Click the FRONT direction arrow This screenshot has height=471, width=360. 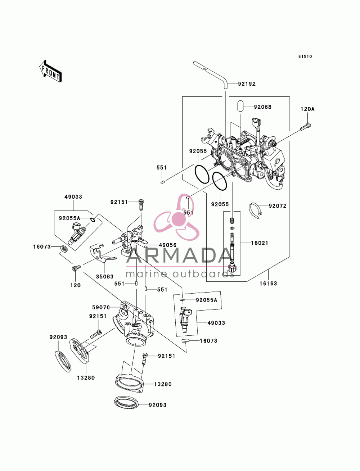(x=50, y=71)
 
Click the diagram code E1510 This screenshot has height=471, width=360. (x=305, y=56)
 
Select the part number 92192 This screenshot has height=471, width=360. (x=247, y=84)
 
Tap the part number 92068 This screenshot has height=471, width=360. (x=262, y=107)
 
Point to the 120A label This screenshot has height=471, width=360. (x=307, y=109)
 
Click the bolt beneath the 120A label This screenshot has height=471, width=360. (x=306, y=127)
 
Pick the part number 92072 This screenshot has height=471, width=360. (x=277, y=206)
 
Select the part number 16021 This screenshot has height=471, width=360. (x=260, y=243)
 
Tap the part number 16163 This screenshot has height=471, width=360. (x=268, y=284)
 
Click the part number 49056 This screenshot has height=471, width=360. (x=167, y=245)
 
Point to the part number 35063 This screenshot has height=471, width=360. (x=104, y=277)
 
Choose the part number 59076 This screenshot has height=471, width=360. (x=101, y=308)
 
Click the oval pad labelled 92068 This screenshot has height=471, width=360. (x=240, y=107)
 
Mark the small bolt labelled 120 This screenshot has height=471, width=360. (x=76, y=268)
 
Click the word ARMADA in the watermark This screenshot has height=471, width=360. (x=179, y=256)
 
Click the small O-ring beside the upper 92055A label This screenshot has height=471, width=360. (x=93, y=220)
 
